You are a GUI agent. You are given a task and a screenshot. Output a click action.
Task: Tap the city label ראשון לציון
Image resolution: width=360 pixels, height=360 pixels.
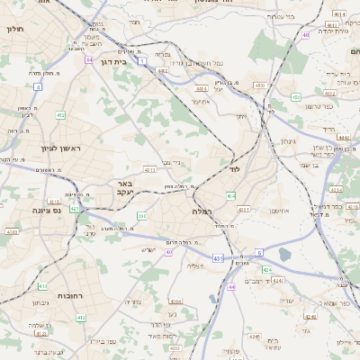point(60,148)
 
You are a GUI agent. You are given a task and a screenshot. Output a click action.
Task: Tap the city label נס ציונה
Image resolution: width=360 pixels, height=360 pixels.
point(32,210)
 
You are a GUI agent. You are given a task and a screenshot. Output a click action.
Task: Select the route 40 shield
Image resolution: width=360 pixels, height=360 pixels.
point(168,252)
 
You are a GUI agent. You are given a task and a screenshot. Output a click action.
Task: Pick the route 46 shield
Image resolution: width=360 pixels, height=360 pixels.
point(305,35)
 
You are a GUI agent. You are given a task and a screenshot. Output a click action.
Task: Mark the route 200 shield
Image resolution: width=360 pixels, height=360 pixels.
point(141,216)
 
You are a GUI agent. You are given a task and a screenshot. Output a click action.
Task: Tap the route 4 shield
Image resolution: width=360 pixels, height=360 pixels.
point(39,87)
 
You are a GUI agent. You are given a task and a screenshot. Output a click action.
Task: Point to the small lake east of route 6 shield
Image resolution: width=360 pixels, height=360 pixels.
point(285,255)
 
